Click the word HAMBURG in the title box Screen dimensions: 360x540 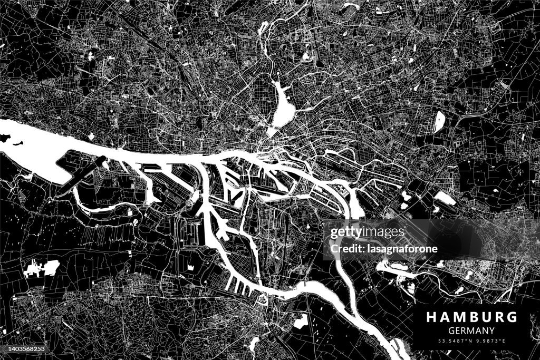(471, 317)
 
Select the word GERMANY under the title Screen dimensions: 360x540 (471, 330)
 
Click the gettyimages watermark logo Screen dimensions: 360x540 (367, 232)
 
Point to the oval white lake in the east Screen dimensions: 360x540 (439, 122)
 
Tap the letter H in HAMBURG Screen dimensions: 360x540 (431, 317)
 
